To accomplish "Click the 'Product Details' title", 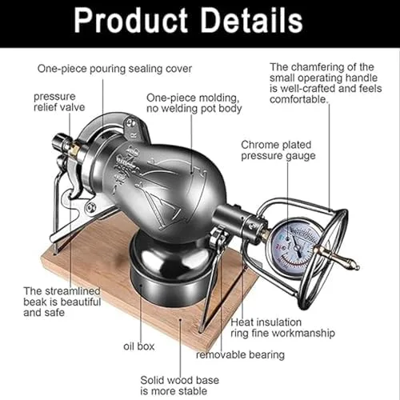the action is (x=188, y=21).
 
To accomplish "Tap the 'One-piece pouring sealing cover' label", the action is (x=114, y=69).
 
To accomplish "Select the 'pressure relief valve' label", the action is (x=59, y=102).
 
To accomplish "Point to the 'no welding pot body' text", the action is (x=194, y=109).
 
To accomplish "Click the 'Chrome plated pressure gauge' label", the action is (x=278, y=150).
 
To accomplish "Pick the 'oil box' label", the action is (x=139, y=346).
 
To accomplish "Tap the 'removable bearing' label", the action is (x=240, y=355).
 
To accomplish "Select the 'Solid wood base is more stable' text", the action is (x=179, y=386).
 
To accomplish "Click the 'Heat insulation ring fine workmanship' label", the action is (x=282, y=328).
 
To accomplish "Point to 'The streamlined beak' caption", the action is (x=62, y=297).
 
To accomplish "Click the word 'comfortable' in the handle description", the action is (x=298, y=99).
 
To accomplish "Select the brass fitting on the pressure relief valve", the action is (x=75, y=149).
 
